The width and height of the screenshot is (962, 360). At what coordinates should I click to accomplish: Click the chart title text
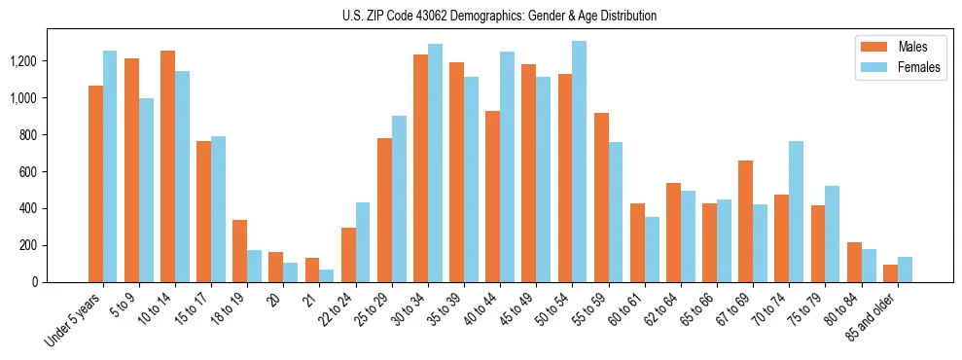tap(500, 16)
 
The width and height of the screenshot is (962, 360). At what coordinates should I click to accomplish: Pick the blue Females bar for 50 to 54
tap(579, 162)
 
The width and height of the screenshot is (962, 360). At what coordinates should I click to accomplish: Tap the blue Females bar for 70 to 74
tap(796, 211)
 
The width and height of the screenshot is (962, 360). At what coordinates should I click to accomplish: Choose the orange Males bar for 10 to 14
tap(167, 166)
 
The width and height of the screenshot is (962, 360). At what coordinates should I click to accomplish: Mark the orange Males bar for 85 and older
tap(890, 273)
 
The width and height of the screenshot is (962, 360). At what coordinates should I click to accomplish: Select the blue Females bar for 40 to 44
tap(507, 166)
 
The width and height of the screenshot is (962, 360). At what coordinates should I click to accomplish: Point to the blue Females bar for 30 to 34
tap(435, 162)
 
